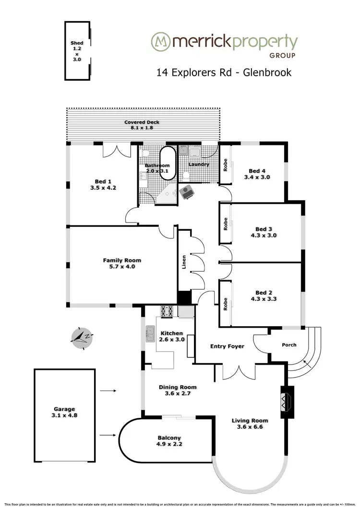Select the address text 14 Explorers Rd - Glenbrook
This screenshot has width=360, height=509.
[224, 72]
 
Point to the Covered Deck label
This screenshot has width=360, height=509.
[142, 122]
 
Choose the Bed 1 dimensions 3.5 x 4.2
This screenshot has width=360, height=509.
[100, 188]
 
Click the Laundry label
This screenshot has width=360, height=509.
[199, 165]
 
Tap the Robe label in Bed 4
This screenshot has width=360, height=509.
[225, 165]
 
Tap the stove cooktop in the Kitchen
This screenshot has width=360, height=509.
[167, 312]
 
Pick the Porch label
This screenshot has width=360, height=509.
[289, 345]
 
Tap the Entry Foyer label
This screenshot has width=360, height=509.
[228, 346]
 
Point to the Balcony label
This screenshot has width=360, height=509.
[169, 438]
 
